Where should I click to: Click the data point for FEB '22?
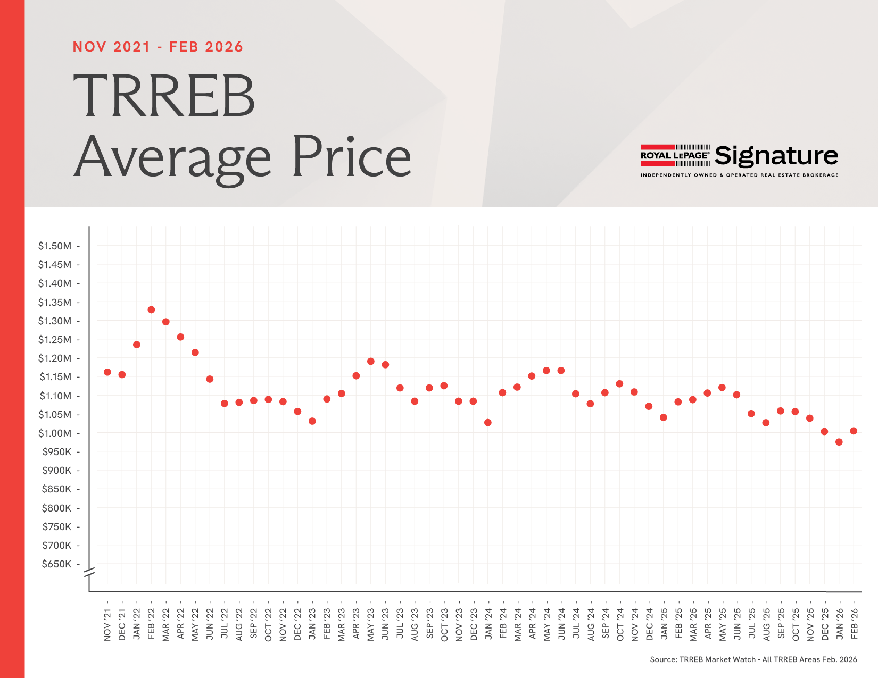151,309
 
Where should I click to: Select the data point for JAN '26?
839,442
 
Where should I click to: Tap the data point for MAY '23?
371,362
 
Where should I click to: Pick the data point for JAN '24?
488,423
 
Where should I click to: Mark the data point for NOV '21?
107,372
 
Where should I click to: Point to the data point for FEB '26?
854,431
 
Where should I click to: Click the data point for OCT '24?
619,384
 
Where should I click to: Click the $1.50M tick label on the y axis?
55,246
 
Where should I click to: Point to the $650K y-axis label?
56,564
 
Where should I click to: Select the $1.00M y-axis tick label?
55,433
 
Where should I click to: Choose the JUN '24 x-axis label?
561,624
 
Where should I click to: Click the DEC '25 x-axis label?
825,624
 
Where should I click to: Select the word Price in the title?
351,157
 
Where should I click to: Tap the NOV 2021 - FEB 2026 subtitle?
158,47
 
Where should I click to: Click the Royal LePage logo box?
675,155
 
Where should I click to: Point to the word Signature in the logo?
776,156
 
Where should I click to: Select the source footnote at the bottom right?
753,659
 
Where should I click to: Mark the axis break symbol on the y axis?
89,573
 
